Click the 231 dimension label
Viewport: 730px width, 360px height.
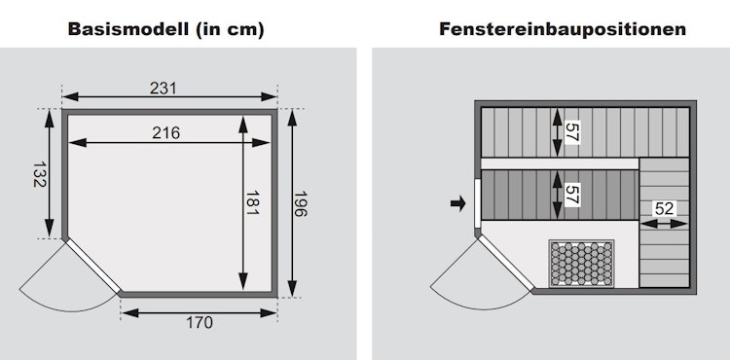164,88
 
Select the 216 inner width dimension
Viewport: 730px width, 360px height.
166,133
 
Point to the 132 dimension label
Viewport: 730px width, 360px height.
40,174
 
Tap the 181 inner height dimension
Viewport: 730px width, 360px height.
252,202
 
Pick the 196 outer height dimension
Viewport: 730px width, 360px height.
301,203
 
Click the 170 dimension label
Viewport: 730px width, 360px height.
200,322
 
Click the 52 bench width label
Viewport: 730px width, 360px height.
664,209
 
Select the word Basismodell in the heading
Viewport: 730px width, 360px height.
126,29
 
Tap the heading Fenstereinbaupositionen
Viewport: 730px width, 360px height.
563,29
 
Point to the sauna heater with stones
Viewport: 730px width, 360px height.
581,264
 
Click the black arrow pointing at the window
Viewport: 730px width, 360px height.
458,202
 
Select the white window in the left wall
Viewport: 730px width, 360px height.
477,203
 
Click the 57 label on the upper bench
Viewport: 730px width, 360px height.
571,132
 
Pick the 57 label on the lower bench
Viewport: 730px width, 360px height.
571,195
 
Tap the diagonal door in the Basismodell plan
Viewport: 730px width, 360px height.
93,266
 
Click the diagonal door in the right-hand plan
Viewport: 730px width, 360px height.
506,263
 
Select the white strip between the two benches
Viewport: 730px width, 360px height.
560,163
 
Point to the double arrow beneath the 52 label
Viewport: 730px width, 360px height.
664,224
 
